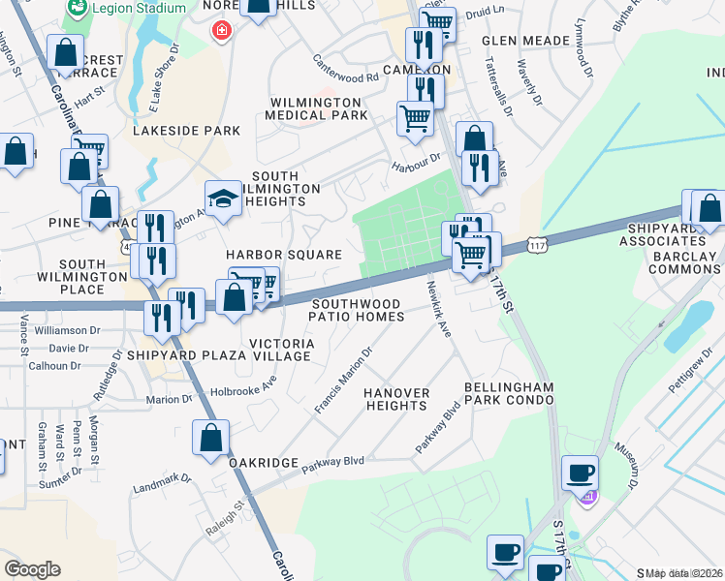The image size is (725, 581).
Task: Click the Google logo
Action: pos(32,569)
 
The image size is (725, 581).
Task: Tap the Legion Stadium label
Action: pos(140,9)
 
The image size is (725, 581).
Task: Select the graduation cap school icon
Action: pos(223,199)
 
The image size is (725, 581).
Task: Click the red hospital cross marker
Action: pos(222,31)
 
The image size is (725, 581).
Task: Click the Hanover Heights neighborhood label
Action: pos(396,399)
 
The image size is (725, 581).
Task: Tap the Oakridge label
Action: pos(263,463)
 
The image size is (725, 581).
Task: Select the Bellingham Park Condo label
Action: pos(508,393)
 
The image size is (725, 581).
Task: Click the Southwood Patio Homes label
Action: pos(356,310)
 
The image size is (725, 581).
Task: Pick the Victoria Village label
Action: pos(282,350)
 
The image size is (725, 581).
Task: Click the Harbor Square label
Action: pos(284,255)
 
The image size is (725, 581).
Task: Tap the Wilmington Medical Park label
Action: pos(318,108)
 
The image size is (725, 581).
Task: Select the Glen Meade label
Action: pos(524,41)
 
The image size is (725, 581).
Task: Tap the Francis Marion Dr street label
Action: pos(343,382)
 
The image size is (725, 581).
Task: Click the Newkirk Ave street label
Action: pos(439,309)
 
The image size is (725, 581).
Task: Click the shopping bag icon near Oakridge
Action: pos(210,438)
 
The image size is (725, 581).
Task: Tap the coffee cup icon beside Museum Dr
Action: pos(580,474)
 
